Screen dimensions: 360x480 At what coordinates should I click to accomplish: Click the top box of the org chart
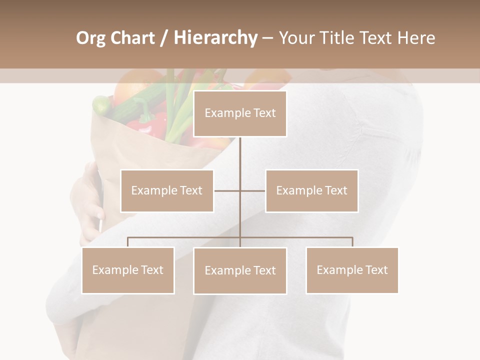(240, 113)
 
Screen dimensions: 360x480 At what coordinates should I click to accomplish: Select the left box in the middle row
(167, 190)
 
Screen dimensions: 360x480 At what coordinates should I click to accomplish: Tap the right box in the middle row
(312, 190)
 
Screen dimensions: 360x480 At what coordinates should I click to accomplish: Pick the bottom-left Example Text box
(128, 270)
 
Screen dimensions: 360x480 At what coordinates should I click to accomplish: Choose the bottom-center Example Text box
(240, 270)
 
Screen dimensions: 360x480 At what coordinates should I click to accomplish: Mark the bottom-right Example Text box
(352, 270)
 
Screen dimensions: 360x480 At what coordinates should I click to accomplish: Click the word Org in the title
(91, 38)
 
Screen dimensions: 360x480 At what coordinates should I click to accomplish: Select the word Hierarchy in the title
(215, 38)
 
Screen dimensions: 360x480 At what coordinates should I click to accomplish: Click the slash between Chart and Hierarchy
(164, 38)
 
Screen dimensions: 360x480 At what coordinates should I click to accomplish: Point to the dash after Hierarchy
(267, 38)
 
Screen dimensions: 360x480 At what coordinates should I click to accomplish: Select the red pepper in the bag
(150, 122)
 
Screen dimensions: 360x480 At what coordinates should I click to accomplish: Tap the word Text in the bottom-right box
(376, 270)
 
